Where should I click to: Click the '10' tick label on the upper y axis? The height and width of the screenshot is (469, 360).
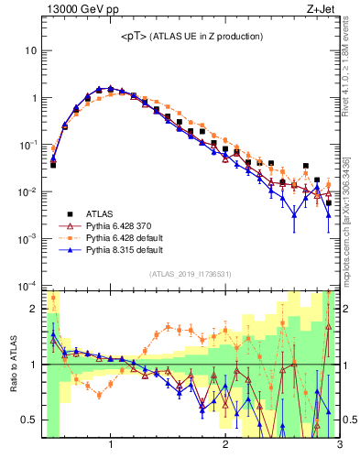(x=32, y=50)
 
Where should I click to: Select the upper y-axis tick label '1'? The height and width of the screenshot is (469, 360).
(x=35, y=98)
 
